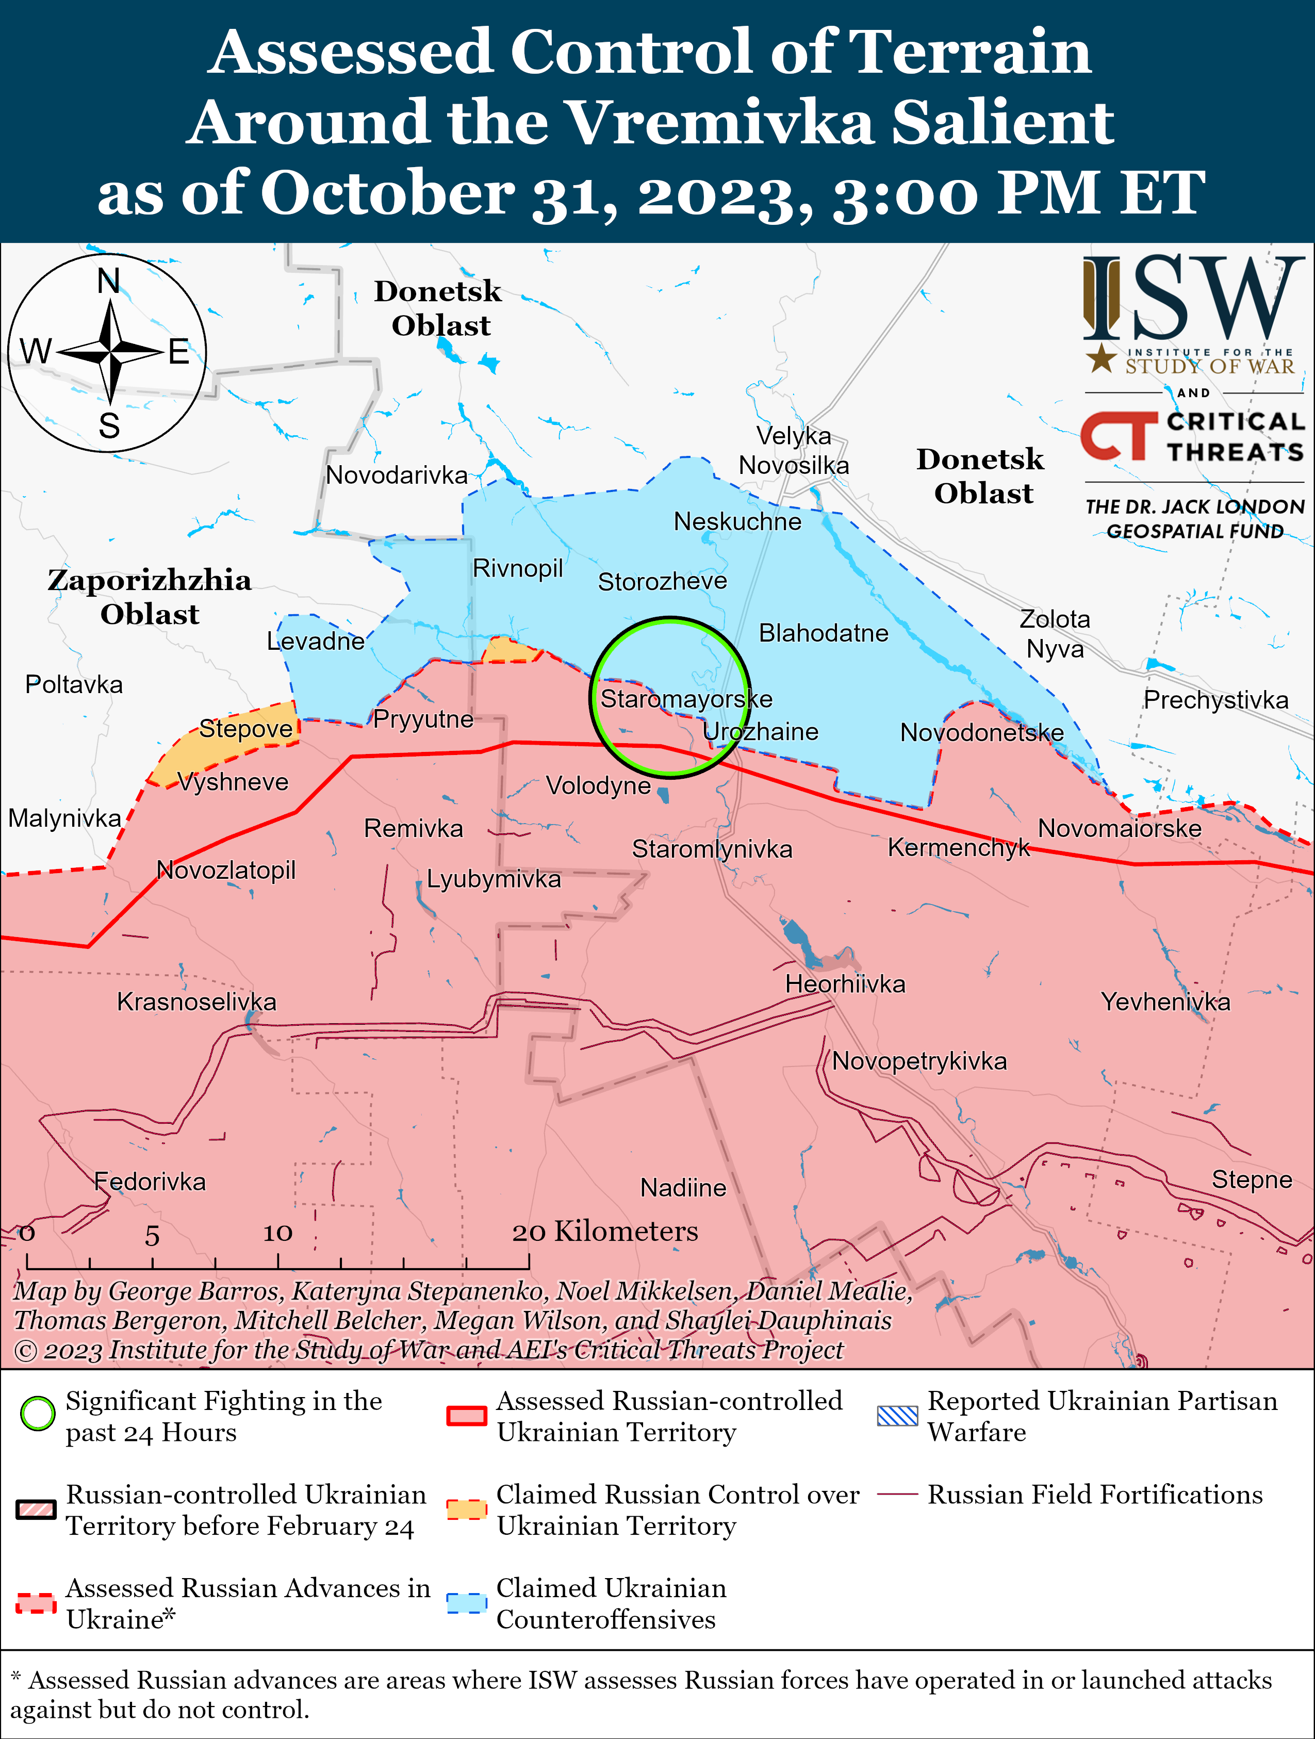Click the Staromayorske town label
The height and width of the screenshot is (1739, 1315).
tap(686, 699)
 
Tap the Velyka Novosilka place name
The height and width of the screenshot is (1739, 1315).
tap(793, 450)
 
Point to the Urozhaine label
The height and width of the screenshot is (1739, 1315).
tap(760, 732)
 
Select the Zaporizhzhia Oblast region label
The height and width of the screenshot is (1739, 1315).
tap(150, 597)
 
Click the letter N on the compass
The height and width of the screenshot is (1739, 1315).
tap(108, 281)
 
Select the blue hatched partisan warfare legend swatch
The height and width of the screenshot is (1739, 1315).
tap(897, 1415)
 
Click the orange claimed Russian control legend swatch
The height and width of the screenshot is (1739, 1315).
tap(467, 1508)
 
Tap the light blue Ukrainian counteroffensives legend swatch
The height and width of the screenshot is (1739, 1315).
tap(467, 1602)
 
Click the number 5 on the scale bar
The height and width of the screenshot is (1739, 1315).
tap(152, 1236)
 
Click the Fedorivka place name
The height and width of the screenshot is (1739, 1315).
tap(150, 1181)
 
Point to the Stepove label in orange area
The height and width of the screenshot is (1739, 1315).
tap(245, 728)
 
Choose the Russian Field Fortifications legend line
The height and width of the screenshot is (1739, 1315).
tap(897, 1494)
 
